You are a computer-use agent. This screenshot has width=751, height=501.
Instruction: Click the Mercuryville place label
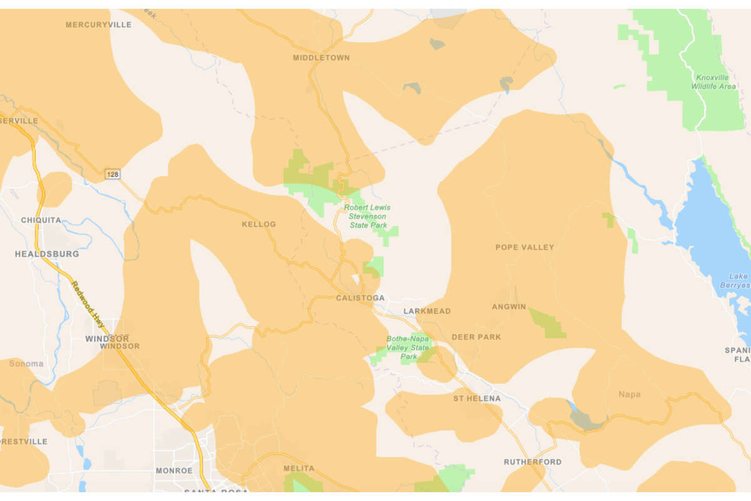coord(98,24)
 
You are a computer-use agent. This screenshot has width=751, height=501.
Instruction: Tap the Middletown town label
coord(321,58)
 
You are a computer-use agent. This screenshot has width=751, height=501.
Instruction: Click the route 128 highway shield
coord(112,174)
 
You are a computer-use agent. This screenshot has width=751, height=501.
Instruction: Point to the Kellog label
coord(258,224)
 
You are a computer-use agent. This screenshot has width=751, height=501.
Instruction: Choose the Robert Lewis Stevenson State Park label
coord(368,216)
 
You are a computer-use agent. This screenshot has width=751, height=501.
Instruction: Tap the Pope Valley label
coord(524,247)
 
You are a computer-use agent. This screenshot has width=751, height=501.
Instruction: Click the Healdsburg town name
coord(47,254)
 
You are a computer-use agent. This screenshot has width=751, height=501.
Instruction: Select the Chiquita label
coord(41,220)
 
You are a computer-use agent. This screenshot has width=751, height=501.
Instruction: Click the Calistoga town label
coord(360,298)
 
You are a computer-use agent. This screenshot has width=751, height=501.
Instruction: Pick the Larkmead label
coord(427,311)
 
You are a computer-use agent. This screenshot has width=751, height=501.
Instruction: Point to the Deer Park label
coord(476,337)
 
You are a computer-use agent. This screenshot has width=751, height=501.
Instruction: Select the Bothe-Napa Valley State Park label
coord(408,348)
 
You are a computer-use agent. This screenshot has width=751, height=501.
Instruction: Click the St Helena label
coord(477,398)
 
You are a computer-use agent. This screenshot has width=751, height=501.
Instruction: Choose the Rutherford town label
coord(533,462)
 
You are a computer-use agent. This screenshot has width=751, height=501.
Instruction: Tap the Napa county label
coord(629,395)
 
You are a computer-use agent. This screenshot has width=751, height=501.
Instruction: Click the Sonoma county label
coord(26,364)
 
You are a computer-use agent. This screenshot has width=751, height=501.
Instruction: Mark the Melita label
coord(294,468)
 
